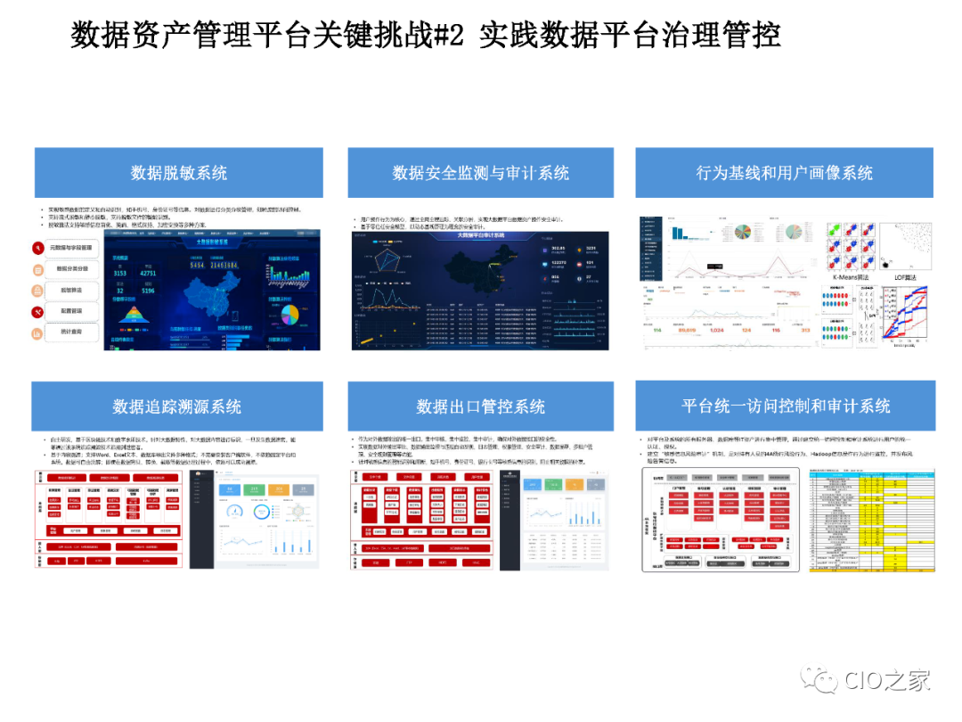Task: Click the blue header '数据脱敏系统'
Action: pyautogui.click(x=179, y=173)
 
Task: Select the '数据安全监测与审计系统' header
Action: pyautogui.click(x=480, y=173)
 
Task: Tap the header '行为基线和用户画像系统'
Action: pyautogui.click(x=784, y=173)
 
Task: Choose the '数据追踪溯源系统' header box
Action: pyautogui.click(x=177, y=406)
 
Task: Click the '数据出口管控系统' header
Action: pyautogui.click(x=480, y=406)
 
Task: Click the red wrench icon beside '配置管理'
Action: pyautogui.click(x=38, y=312)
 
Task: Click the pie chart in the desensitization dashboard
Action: pyautogui.click(x=290, y=315)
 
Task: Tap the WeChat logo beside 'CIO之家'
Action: pyautogui.click(x=819, y=679)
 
